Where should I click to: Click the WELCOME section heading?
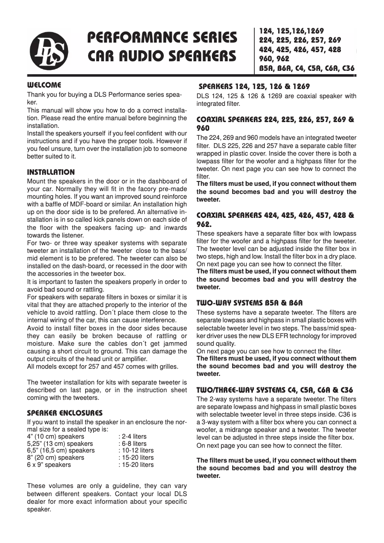(x=45, y=85)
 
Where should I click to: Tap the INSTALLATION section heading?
(x=51, y=172)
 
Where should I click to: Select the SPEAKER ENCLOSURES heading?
(x=65, y=413)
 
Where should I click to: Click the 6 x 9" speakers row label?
(x=49, y=464)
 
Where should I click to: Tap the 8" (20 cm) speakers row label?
(x=56, y=457)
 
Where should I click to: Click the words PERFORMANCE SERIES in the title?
(x=162, y=37)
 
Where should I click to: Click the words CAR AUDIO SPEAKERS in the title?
(x=162, y=56)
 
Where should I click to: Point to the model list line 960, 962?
(x=274, y=59)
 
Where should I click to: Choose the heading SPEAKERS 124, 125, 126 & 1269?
(x=254, y=87)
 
